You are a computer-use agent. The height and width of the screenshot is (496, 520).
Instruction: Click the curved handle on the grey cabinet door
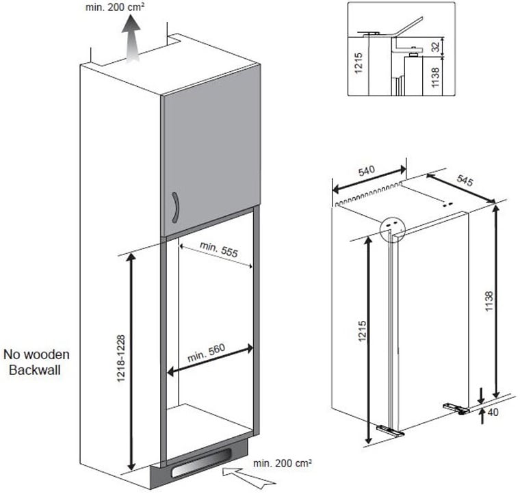coord(176,207)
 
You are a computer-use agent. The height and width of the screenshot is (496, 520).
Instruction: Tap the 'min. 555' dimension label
coord(219,250)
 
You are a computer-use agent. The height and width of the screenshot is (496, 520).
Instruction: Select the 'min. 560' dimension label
coord(206,353)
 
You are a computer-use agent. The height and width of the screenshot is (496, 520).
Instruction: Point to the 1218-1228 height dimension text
coord(121,358)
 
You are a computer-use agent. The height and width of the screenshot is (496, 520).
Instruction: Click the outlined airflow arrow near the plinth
coord(248,478)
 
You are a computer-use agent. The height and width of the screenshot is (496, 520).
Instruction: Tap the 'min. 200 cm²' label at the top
coord(115,7)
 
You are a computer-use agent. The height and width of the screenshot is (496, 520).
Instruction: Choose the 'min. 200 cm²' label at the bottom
coord(282,463)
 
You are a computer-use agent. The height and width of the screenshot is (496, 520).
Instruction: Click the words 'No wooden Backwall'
coord(36,362)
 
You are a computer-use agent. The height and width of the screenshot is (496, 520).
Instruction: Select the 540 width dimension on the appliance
coord(367,171)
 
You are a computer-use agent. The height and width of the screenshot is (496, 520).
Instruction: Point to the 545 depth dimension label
coord(465,181)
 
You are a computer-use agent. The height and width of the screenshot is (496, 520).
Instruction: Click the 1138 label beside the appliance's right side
coord(489,301)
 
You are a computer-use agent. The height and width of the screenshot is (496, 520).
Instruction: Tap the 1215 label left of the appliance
coord(362,331)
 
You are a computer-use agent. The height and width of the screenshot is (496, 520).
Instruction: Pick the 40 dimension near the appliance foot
coord(493,412)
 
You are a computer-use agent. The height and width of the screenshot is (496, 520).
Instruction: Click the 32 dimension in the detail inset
coord(437,46)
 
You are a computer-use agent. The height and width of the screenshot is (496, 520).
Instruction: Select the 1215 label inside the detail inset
coord(358,63)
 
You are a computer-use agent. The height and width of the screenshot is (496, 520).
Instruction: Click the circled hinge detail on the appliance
coord(393,230)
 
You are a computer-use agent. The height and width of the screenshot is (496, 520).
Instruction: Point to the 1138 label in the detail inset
coord(435,77)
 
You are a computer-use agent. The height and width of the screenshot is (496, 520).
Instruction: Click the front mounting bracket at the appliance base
coord(391,430)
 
